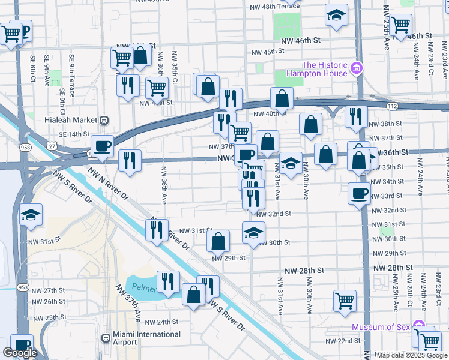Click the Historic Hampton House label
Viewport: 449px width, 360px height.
[324, 69]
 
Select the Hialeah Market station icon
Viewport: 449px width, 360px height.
[104, 120]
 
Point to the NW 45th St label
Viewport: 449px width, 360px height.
[267, 52]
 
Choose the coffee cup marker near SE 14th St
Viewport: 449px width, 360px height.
[102, 146]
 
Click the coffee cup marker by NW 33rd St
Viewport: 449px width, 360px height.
[359, 193]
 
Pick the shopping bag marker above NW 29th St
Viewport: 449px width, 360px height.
[218, 241]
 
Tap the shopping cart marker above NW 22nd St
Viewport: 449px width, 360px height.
[345, 301]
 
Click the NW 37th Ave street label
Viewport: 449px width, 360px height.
[137, 312]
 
